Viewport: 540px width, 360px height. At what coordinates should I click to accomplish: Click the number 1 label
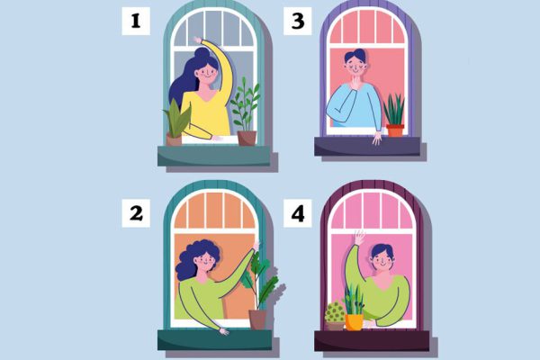136,21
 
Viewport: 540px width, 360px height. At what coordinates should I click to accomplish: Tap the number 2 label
136,213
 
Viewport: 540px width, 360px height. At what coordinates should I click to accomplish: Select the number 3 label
298,21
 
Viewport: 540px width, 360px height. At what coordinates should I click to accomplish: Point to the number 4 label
298,213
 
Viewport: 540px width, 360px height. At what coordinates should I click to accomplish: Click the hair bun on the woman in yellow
202,53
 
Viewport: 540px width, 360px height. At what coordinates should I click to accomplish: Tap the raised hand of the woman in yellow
197,40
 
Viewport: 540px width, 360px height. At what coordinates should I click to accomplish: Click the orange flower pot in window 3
395,130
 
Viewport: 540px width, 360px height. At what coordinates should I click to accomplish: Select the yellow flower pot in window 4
354,322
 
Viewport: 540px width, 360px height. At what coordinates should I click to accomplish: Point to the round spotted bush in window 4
335,311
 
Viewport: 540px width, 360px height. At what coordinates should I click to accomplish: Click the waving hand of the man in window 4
359,238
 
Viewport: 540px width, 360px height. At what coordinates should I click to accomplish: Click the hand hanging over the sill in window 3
377,138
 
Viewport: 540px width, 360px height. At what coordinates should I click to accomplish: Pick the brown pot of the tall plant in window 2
257,319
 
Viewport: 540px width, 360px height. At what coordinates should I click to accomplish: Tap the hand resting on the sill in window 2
224,331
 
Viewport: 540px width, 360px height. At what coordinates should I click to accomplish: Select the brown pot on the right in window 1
247,138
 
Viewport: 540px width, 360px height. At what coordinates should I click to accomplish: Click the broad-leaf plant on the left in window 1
176,119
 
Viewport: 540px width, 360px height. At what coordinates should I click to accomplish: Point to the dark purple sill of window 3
367,147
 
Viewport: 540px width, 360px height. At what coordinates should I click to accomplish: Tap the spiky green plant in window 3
394,110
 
